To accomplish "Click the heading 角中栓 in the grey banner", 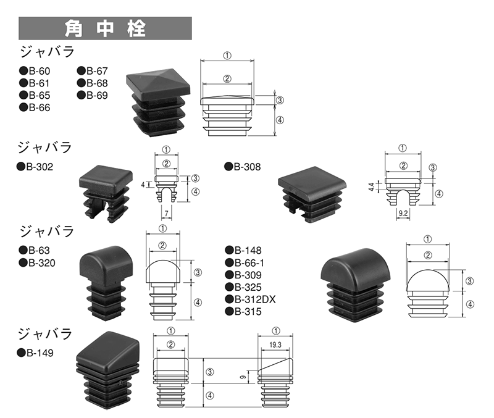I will [x=105, y=28].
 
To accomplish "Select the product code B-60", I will [x=38, y=71].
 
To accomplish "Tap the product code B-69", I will [x=96, y=95].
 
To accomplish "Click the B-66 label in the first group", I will [x=38, y=107].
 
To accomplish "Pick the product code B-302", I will [x=40, y=167].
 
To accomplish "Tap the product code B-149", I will [x=40, y=353].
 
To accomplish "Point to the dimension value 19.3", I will [x=275, y=345].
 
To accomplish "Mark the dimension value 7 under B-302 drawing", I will [x=166, y=213].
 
